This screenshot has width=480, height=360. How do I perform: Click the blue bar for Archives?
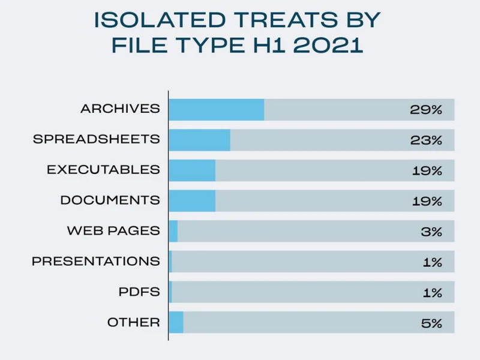point(217,110)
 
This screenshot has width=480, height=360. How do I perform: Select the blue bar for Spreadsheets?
point(199,140)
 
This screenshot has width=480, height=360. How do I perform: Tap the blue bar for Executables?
point(192,170)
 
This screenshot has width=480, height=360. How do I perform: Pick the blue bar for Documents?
point(192,200)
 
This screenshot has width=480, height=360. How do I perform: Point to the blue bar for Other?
point(176,322)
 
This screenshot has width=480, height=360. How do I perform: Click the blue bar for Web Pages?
point(173,231)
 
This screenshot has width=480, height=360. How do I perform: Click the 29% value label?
point(426,110)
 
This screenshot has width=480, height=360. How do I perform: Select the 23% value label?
point(426,140)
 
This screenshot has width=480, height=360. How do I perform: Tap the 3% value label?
point(431,232)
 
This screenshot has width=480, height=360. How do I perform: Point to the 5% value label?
point(431,323)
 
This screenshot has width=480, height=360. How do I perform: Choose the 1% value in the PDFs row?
point(433,293)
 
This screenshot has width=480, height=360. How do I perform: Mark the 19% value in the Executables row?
point(427,171)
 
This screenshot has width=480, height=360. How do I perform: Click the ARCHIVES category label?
point(120,109)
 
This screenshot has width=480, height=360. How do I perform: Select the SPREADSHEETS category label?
point(96,139)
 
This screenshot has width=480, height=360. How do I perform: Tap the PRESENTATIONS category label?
point(95,261)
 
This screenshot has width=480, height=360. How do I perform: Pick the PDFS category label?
point(139,292)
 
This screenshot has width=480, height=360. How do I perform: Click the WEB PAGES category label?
point(113,230)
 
